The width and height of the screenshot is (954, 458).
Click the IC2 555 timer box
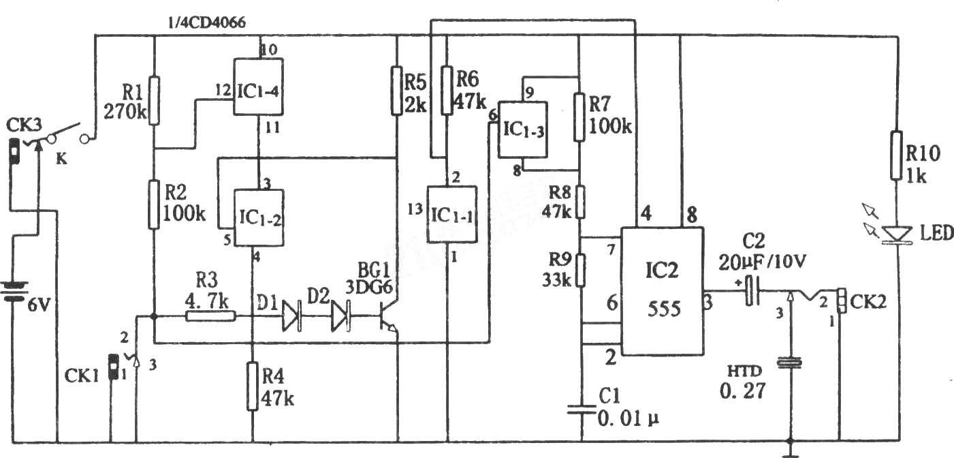pos(663,291)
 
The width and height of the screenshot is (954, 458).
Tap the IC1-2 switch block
pos(259,217)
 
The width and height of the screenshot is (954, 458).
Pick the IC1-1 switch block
pos(452,214)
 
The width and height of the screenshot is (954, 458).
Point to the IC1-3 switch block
pos(523,129)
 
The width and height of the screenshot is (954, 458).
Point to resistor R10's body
pos(897,155)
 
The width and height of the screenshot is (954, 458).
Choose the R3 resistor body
pos(211,316)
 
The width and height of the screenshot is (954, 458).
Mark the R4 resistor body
pos(253,386)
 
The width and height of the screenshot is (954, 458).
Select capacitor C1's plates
pos(582,409)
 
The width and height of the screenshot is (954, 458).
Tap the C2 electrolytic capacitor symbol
pos(752,291)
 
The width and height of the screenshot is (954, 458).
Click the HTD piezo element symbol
pos(790,363)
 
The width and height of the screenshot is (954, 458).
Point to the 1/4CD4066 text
pos(207,22)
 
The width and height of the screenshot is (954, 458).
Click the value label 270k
pos(125,112)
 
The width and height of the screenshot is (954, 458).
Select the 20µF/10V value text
pos(763,262)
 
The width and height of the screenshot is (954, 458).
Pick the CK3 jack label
pos(25,125)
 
